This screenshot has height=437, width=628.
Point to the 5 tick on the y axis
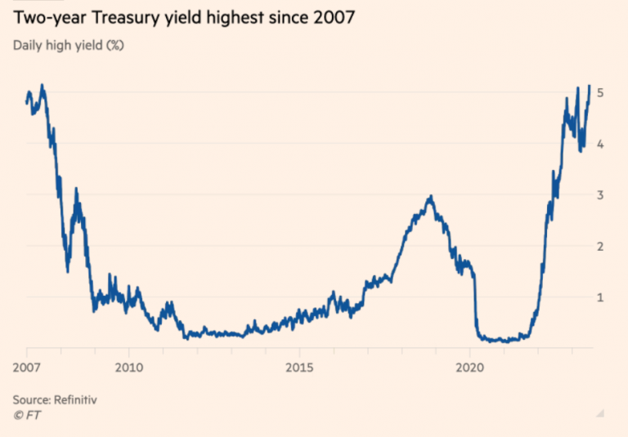coord(600,93)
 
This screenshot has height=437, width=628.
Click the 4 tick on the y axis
coord(600,144)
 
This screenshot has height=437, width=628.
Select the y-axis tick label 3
coord(600,195)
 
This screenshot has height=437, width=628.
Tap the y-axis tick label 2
coord(600,246)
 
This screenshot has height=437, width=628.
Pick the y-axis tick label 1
coord(600,297)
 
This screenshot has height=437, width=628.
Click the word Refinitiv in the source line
coord(78,399)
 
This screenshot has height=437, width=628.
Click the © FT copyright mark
coord(26,415)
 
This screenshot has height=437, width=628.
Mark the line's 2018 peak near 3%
coord(430,197)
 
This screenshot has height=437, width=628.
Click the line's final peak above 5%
coord(590,86)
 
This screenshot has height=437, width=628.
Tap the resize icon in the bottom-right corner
coord(599,412)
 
